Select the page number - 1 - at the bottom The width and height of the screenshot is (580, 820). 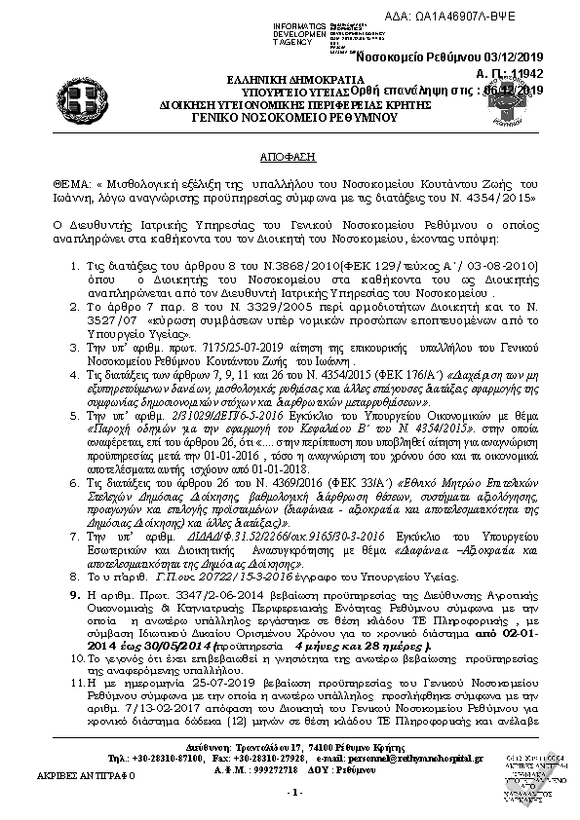(x=290, y=792)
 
